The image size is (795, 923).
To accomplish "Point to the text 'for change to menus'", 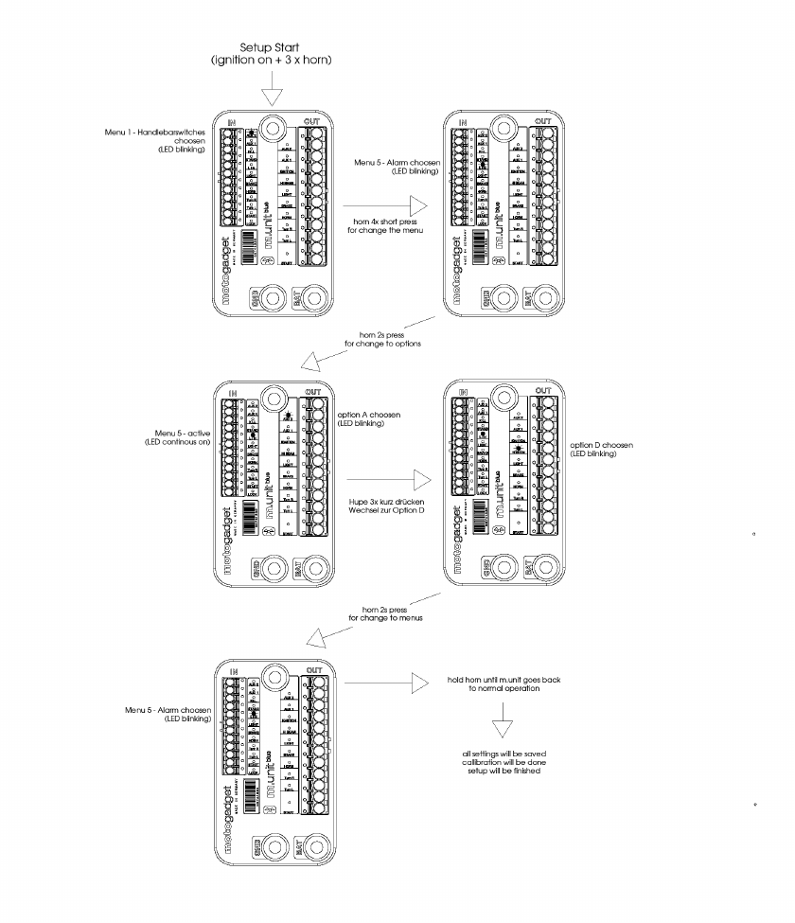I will coord(384,618).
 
